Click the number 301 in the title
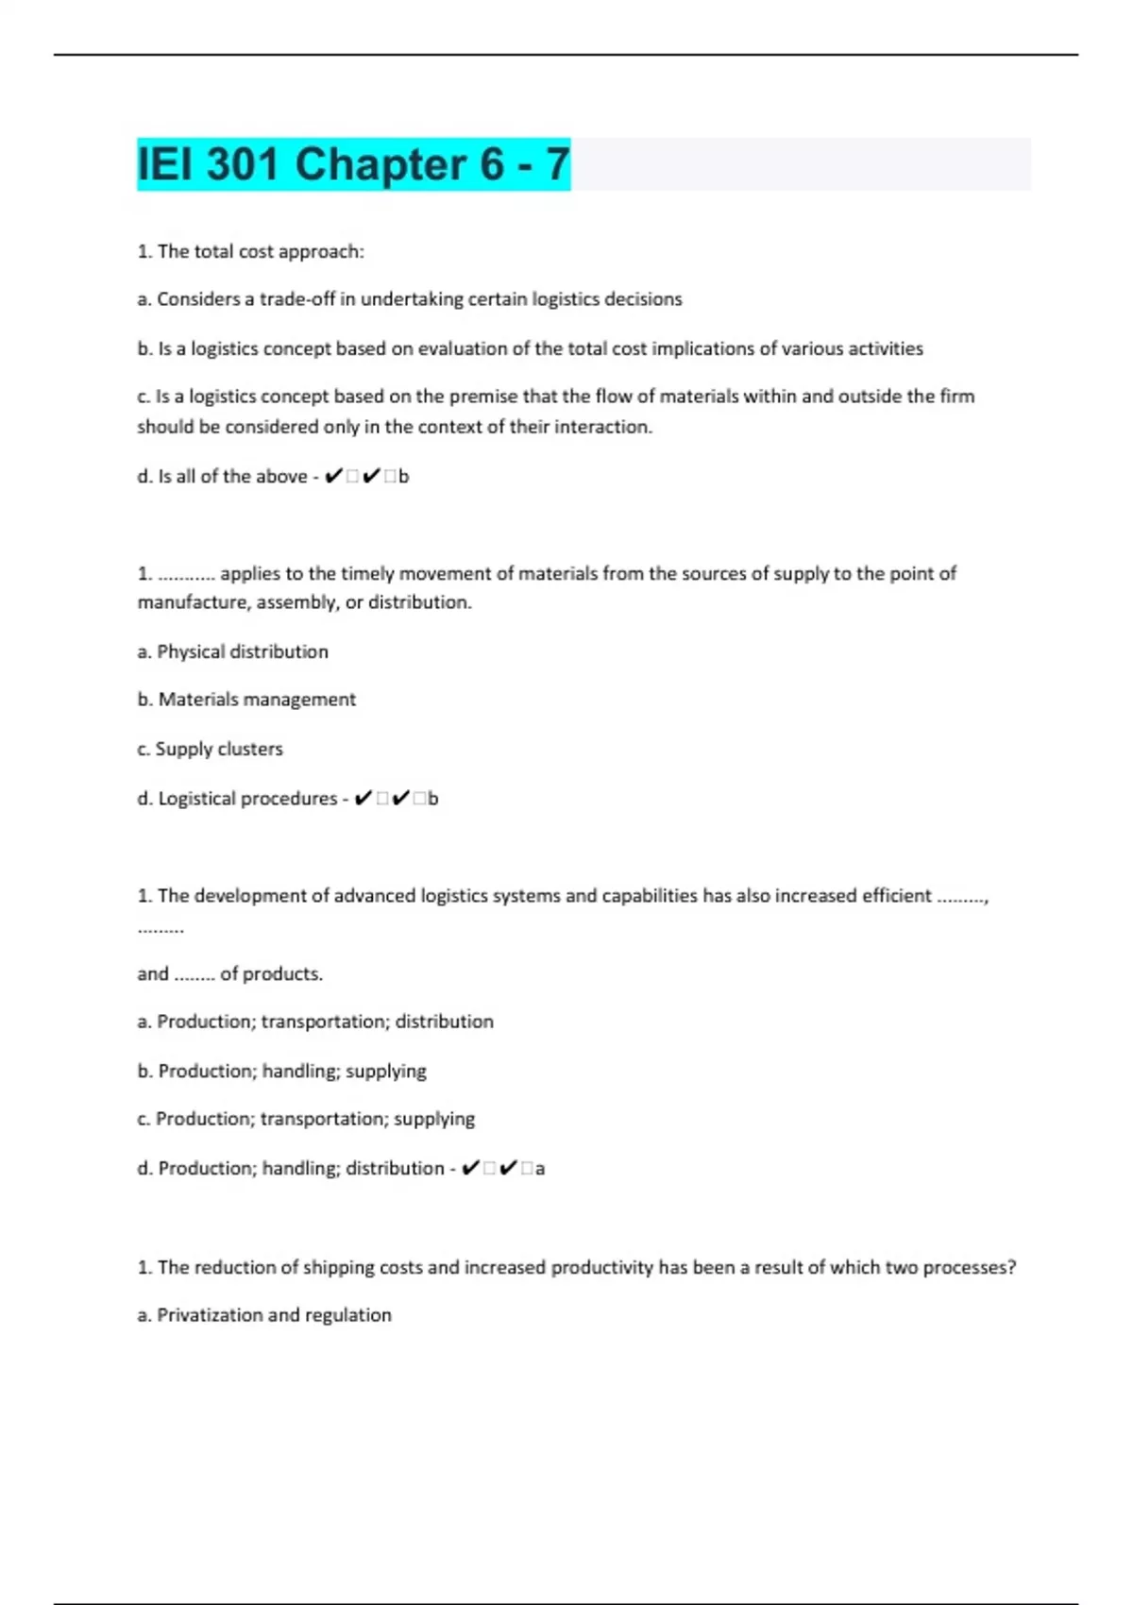pyautogui.click(x=243, y=164)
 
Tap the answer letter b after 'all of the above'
pyautogui.click(x=404, y=477)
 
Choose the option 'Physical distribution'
pyautogui.click(x=243, y=651)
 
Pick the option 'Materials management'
pyautogui.click(x=257, y=700)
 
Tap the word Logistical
pyautogui.click(x=200, y=799)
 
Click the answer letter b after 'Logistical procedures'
pyautogui.click(x=433, y=799)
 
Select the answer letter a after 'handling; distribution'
pyautogui.click(x=540, y=1169)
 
